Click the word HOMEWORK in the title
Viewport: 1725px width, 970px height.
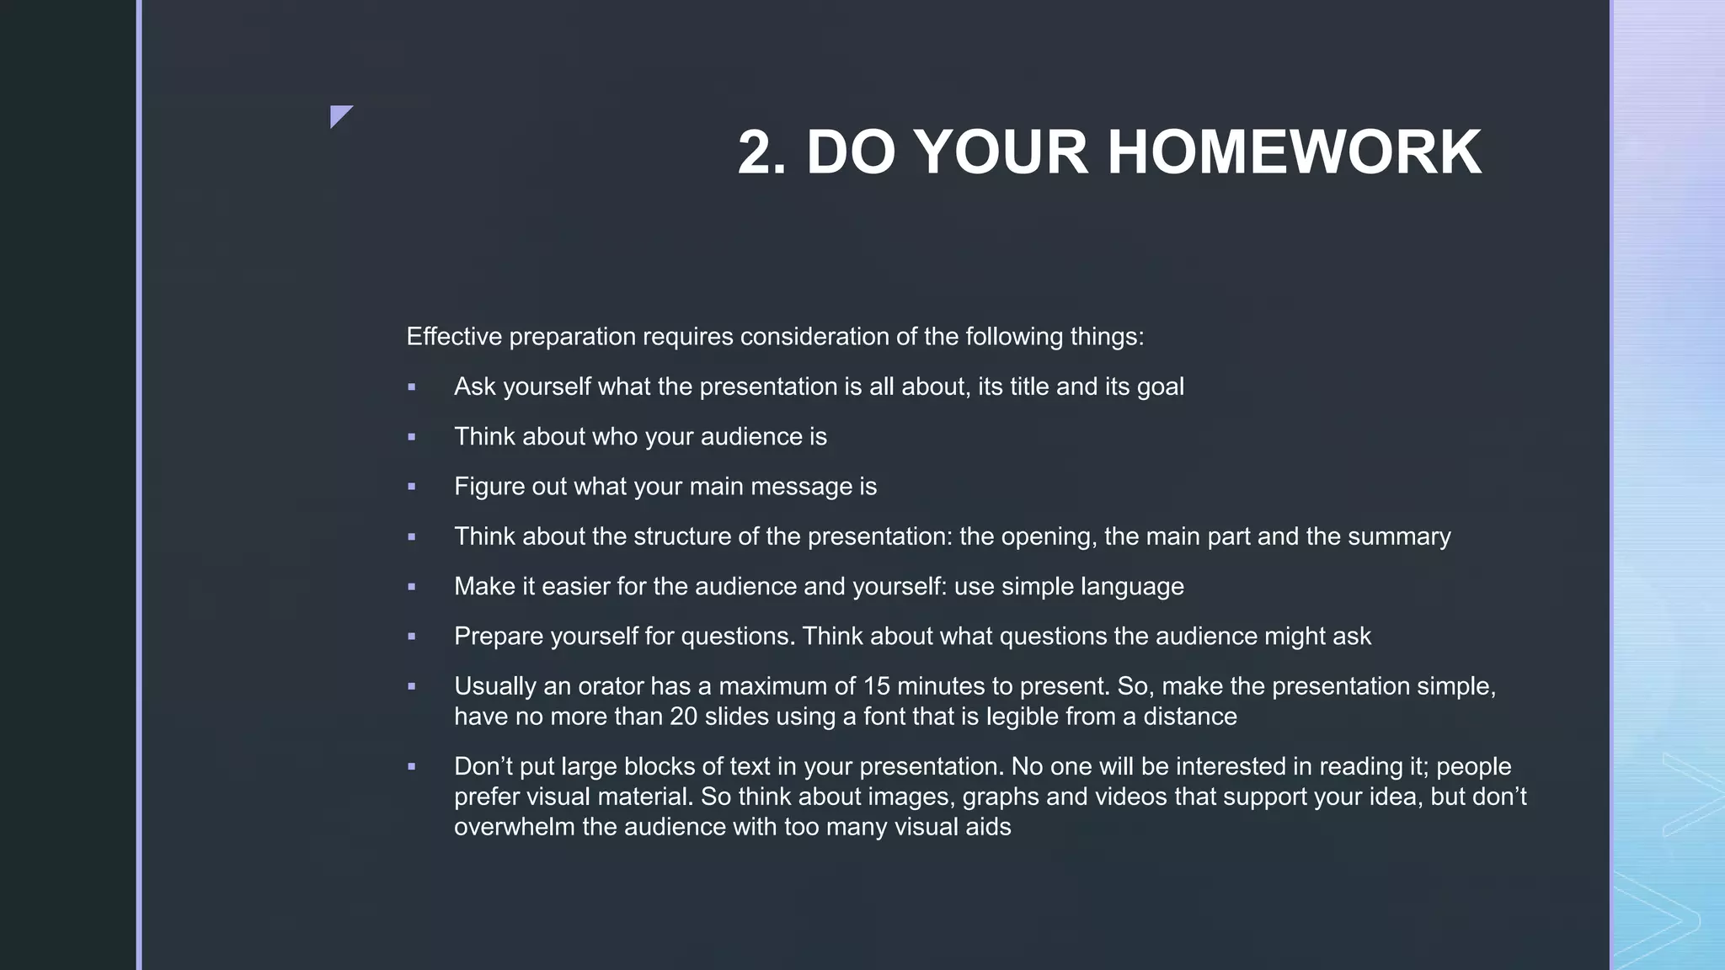click(1294, 152)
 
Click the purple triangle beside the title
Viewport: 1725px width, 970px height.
click(339, 115)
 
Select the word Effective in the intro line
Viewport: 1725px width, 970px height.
click(455, 337)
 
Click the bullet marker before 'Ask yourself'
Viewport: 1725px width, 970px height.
click(412, 387)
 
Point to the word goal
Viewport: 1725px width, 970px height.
click(1160, 387)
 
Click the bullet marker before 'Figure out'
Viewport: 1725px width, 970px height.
click(412, 487)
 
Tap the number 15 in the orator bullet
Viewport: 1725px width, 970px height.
click(876, 686)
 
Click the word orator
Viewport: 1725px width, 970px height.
click(610, 686)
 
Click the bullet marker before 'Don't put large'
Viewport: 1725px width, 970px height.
click(412, 767)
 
